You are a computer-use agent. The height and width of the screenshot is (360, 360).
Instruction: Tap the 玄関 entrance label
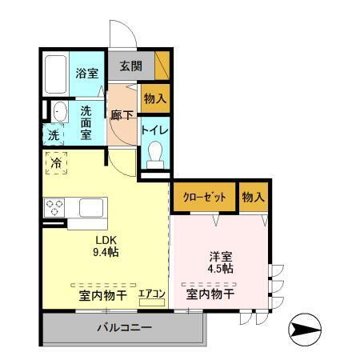point(130,66)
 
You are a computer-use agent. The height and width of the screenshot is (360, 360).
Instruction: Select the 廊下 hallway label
point(122,114)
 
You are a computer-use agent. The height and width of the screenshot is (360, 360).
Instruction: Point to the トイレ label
point(154,128)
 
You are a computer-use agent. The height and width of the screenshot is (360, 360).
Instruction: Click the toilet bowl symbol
point(155,153)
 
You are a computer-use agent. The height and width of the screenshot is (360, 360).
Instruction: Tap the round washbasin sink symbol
point(59,111)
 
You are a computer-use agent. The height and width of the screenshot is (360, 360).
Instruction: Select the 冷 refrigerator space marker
point(55,163)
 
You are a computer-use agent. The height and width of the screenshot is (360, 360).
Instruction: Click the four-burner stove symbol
point(54,207)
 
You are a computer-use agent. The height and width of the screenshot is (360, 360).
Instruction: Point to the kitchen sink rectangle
point(87,208)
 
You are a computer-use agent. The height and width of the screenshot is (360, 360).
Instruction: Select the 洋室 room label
point(221,256)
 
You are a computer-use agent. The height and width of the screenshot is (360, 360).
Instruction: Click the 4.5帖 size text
point(221,269)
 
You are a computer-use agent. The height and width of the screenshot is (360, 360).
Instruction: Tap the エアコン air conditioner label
point(151,294)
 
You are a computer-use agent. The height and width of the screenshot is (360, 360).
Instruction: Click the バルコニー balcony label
point(125,327)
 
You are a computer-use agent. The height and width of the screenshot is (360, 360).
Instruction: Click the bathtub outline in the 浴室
point(54,74)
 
